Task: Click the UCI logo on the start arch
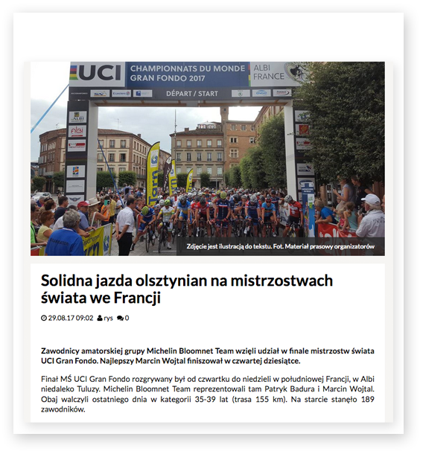97,74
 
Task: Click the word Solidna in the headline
70,281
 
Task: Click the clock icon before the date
43,318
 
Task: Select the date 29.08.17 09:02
71,318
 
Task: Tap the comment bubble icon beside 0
120,318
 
